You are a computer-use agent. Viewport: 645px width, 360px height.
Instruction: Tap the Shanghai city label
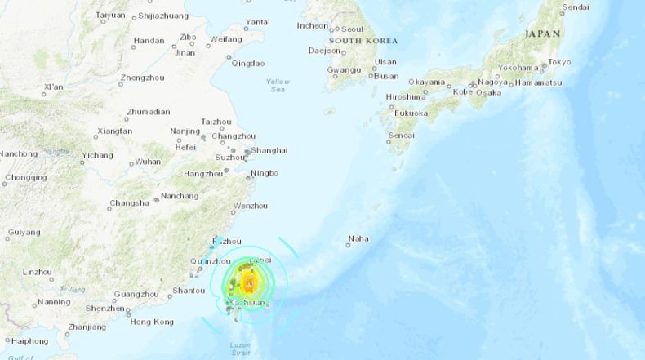pyautogui.click(x=269, y=150)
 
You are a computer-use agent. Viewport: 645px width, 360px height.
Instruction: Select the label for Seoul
pyautogui.click(x=352, y=29)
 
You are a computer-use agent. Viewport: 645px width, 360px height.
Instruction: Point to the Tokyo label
pyautogui.click(x=559, y=62)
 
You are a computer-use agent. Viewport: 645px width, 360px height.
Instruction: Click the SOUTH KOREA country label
pyautogui.click(x=363, y=41)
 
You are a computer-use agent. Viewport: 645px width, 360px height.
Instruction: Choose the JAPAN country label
pyautogui.click(x=542, y=34)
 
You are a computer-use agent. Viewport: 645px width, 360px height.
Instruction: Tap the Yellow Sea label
pyautogui.click(x=278, y=85)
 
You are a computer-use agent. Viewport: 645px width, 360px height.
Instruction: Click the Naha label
pyautogui.click(x=358, y=239)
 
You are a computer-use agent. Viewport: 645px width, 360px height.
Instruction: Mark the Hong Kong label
pyautogui.click(x=152, y=322)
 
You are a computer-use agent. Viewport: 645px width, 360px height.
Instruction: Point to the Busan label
pyautogui.click(x=385, y=76)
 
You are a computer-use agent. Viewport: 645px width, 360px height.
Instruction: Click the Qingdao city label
pyautogui.click(x=248, y=63)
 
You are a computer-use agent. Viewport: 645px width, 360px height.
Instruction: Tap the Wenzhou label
pyautogui.click(x=251, y=206)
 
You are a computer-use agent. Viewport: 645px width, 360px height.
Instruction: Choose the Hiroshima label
pyautogui.click(x=406, y=97)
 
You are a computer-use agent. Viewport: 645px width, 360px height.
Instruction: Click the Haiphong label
pyautogui.click(x=29, y=341)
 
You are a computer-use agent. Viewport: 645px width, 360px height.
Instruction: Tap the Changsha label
pyautogui.click(x=130, y=203)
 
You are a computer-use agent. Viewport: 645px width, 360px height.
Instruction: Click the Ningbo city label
pyautogui.click(x=265, y=173)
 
